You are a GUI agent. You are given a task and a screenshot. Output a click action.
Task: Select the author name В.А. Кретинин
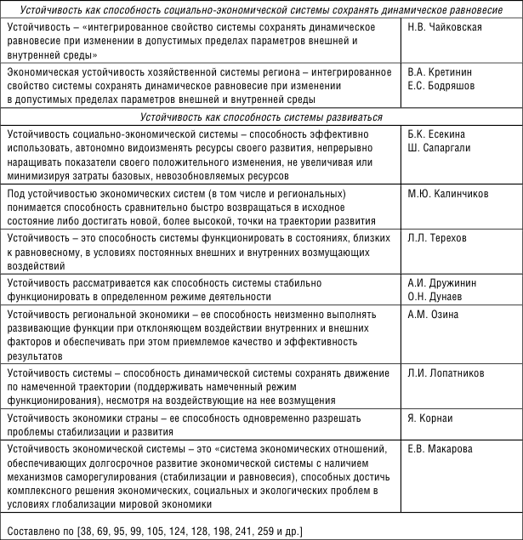[x=440, y=74]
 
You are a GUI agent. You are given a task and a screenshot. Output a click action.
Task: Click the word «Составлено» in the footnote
[x=31, y=531]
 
